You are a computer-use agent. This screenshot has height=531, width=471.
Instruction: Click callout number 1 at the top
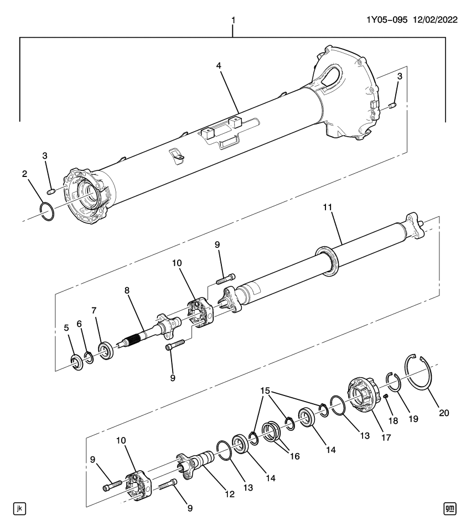(233, 20)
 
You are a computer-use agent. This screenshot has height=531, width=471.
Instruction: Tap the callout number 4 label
(219, 65)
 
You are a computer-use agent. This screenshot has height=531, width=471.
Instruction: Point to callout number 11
(327, 207)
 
